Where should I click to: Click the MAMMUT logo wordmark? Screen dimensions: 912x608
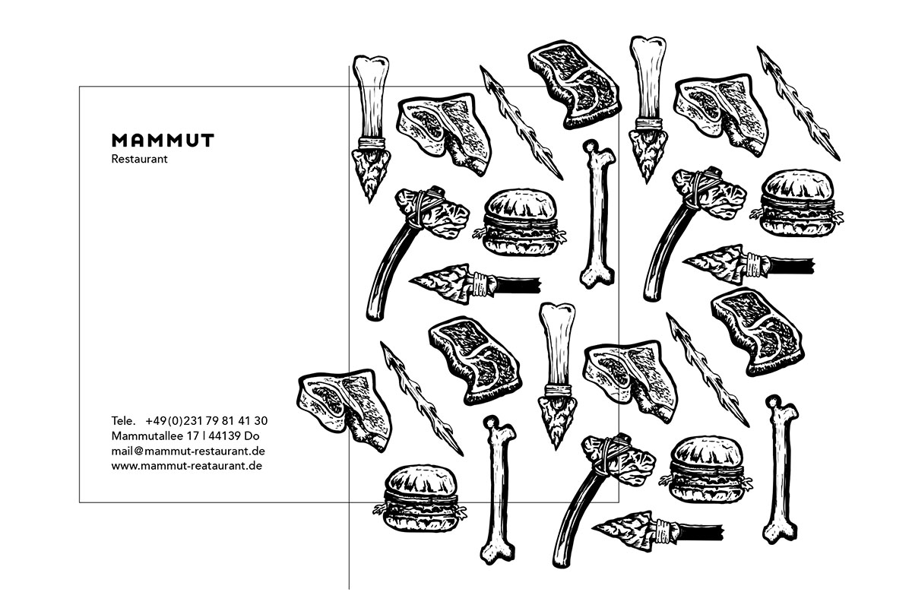coord(163,140)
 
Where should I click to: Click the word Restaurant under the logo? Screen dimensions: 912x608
coord(139,159)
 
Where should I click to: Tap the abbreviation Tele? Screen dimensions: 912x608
coord(123,421)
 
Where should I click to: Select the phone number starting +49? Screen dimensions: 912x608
coord(207,421)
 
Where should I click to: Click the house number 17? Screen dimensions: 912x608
coord(193,435)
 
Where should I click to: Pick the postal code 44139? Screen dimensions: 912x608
coord(225,435)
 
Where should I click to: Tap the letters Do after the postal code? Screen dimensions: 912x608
coord(252,435)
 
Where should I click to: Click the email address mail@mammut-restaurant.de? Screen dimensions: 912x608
coord(188,451)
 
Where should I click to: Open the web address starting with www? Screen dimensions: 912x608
coord(187,466)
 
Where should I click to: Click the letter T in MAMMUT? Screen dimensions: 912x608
coord(207,140)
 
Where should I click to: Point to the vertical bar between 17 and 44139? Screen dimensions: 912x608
coord(204,435)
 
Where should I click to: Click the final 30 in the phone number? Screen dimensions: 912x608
coord(261,421)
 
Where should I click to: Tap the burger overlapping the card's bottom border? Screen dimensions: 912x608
coord(420,498)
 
